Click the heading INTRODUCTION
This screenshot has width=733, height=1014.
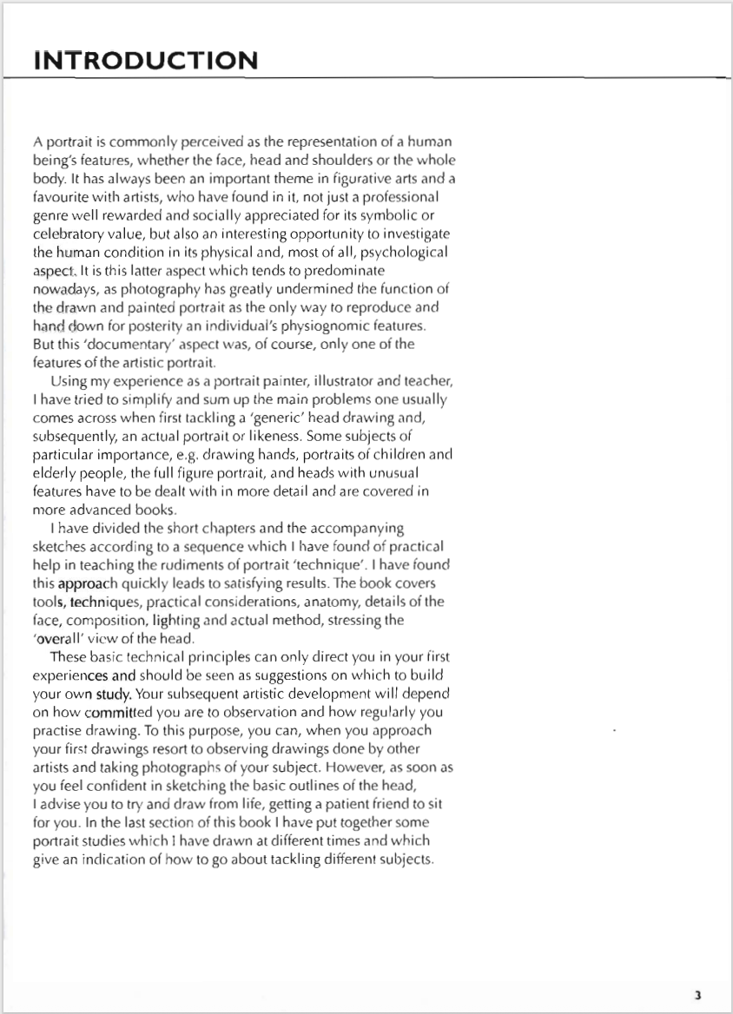tap(145, 61)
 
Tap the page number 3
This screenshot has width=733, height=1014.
tap(697, 995)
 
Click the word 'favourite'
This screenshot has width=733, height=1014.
tap(62, 198)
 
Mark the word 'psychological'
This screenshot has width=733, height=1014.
tap(406, 253)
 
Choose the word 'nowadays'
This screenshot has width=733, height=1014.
tap(65, 289)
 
